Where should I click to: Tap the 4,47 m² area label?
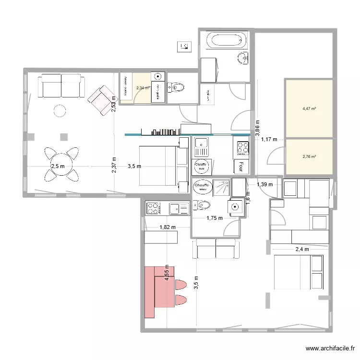pos(309,108)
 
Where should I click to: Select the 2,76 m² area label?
pos(309,156)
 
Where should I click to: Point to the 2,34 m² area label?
pos(143,88)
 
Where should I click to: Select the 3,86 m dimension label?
pos(257,129)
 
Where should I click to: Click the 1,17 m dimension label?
pos(269,140)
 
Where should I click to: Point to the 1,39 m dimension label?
pos(264,184)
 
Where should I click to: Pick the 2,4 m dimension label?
pos(302,249)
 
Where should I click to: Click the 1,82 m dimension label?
pos(168,228)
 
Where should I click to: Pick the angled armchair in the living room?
pos(100,100)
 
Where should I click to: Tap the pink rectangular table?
pos(158,292)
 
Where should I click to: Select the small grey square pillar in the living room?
pos(63,137)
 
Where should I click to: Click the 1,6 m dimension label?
pos(248,198)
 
